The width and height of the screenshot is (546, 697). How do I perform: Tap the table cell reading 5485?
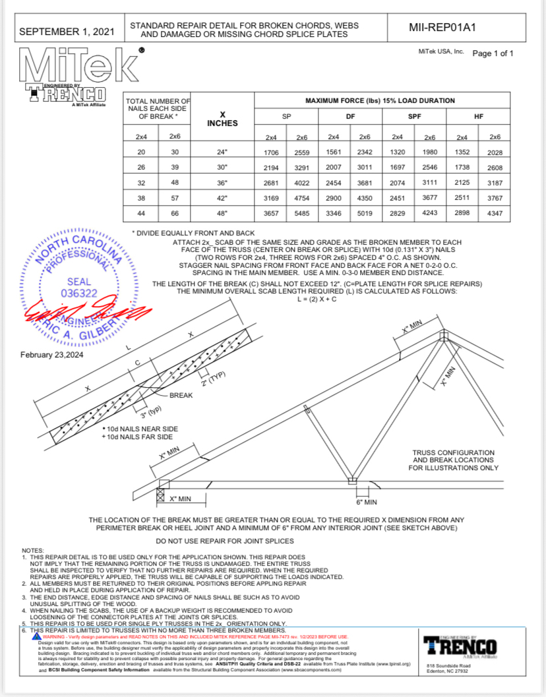click(x=301, y=214)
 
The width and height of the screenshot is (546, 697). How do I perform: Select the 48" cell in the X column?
click(x=222, y=214)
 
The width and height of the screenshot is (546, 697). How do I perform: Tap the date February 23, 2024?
click(x=57, y=355)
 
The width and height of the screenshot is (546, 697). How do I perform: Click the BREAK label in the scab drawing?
click(x=182, y=396)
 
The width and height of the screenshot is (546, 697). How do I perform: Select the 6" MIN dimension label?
click(x=366, y=502)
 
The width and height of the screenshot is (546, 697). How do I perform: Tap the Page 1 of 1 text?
click(x=493, y=53)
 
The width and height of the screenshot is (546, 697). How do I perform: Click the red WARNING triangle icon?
click(x=37, y=636)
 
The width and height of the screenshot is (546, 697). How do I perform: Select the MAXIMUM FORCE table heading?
click(x=380, y=101)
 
